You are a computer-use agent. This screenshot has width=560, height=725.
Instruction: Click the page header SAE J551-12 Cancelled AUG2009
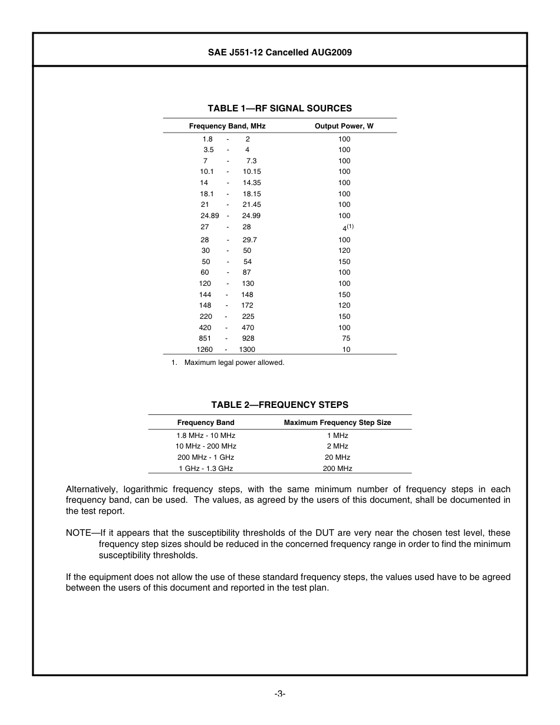click(x=279, y=52)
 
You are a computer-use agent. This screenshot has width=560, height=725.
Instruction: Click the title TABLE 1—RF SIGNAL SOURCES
click(x=279, y=108)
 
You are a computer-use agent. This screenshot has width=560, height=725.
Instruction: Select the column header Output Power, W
click(x=344, y=126)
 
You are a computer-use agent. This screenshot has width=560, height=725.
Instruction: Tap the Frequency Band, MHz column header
click(x=227, y=126)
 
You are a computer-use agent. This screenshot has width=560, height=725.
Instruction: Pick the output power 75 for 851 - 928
click(x=346, y=338)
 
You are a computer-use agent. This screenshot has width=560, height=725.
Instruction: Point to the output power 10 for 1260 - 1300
click(x=346, y=350)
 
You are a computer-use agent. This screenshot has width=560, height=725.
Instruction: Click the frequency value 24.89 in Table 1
click(x=209, y=216)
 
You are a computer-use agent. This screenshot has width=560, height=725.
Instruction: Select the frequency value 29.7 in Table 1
click(x=249, y=240)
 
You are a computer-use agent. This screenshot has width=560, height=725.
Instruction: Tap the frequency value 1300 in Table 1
click(x=247, y=350)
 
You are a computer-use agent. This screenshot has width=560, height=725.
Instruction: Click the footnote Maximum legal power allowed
click(x=234, y=362)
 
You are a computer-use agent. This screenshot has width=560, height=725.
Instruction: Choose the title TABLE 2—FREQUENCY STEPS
click(x=279, y=405)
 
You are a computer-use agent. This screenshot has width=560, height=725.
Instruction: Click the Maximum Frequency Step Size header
click(x=337, y=423)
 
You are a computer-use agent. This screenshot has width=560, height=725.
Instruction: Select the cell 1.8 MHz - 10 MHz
click(x=206, y=436)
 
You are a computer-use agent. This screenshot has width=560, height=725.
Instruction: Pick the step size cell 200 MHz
click(x=337, y=469)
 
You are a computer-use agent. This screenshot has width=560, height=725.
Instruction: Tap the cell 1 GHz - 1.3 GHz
click(x=206, y=469)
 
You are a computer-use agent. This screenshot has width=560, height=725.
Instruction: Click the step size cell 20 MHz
click(x=337, y=457)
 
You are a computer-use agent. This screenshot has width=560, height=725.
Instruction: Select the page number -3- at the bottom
click(x=279, y=694)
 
